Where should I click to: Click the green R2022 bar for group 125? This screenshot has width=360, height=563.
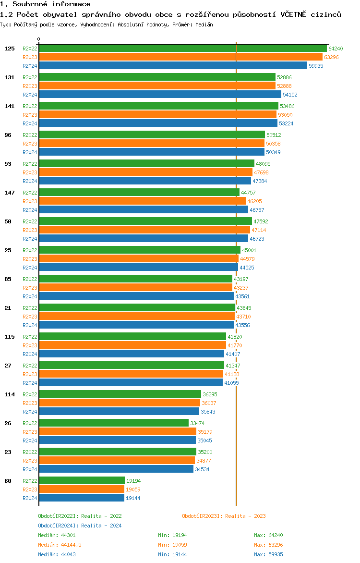pyautogui.click(x=182, y=48)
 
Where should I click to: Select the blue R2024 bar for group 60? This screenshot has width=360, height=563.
pyautogui.click(x=82, y=498)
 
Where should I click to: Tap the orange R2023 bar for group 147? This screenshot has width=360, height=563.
pyautogui.click(x=142, y=201)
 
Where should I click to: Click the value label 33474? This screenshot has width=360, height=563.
pyautogui.click(x=197, y=423)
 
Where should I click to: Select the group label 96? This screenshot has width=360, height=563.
pyautogui.click(x=8, y=135)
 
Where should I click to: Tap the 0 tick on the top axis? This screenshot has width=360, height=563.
pyautogui.click(x=39, y=39)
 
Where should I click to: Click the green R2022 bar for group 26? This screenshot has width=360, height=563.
pyautogui.click(x=114, y=423)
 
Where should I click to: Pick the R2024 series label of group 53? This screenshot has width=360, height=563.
pyautogui.click(x=30, y=181)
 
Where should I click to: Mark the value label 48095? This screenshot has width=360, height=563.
pyautogui.click(x=263, y=164)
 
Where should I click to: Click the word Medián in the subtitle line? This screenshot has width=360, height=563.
pyautogui.click(x=204, y=24)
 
